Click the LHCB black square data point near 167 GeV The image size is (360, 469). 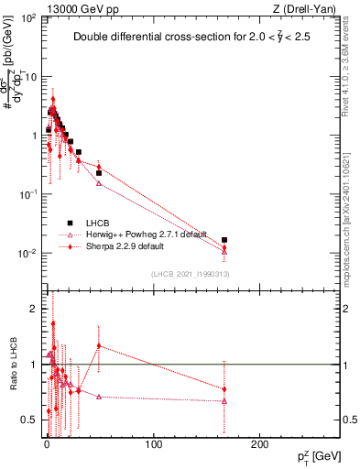pos(224,240)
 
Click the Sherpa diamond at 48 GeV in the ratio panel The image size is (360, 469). pos(98,346)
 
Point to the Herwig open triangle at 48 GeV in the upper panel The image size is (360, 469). pos(98,183)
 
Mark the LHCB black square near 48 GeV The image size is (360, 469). pos(98,173)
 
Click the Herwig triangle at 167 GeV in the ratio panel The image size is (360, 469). pos(224,401)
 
